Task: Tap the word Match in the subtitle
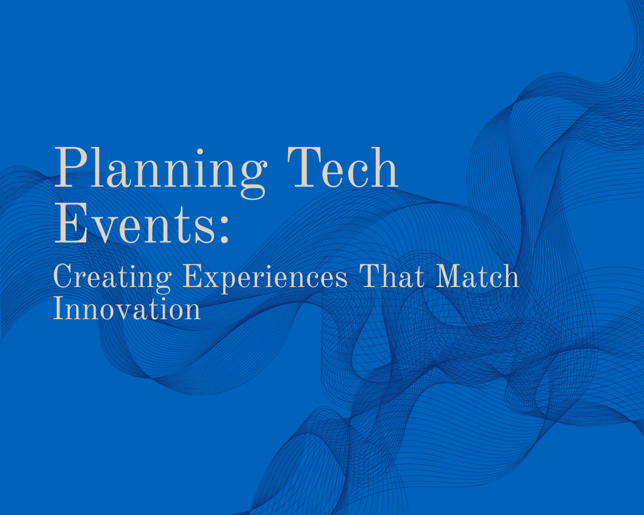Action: (x=477, y=277)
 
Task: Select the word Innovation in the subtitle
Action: (x=127, y=310)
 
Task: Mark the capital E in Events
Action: (x=70, y=225)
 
